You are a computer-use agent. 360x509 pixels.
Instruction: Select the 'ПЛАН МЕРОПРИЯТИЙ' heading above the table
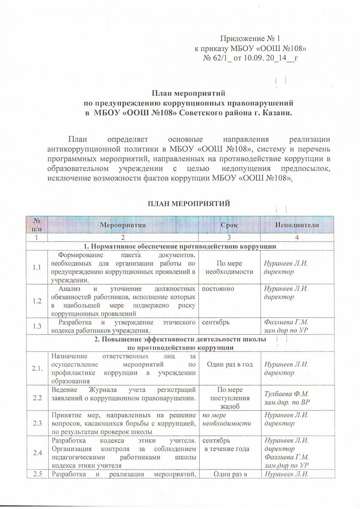click(189, 204)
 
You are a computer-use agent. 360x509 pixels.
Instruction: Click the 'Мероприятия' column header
click(123, 224)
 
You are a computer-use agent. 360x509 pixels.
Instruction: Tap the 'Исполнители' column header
click(297, 224)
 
